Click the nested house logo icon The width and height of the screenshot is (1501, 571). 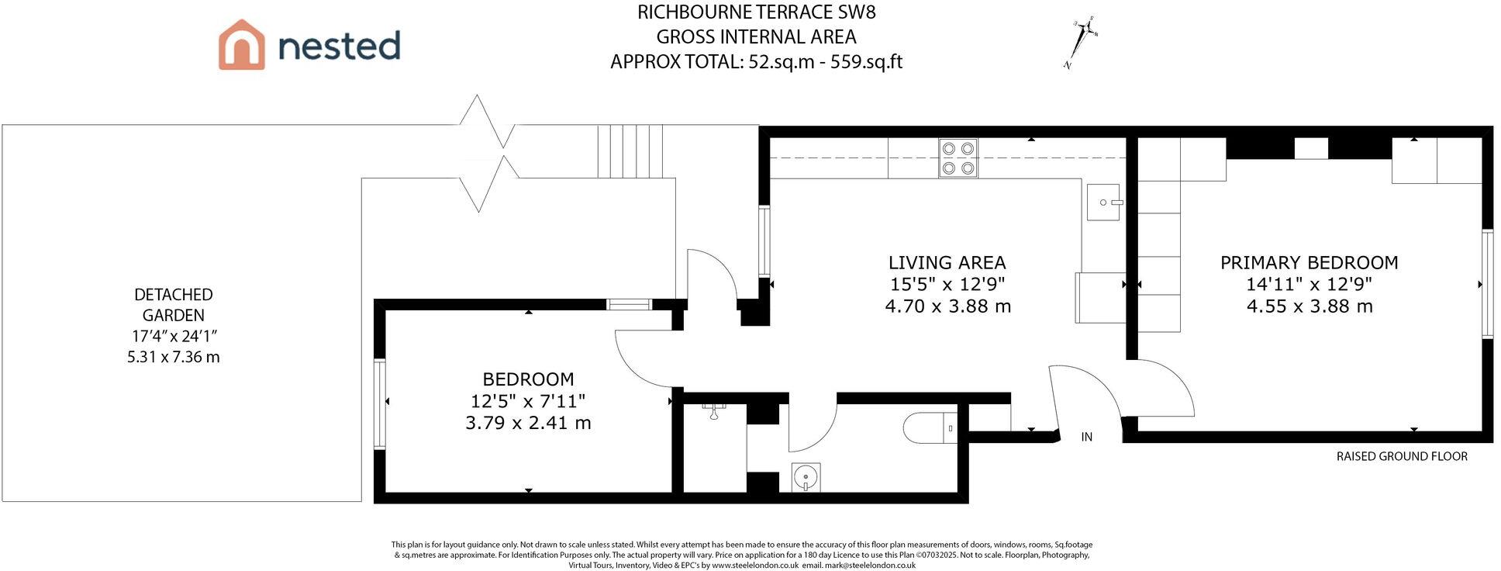coord(241,44)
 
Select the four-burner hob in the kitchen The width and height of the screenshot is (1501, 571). coord(958,158)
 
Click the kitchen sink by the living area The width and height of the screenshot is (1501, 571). coord(1104,202)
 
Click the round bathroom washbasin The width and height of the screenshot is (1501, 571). coord(806,476)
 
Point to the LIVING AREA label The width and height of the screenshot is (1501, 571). coord(947,263)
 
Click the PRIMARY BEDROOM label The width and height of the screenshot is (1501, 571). coord(1309,263)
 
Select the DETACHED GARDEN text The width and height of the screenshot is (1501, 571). coord(173,305)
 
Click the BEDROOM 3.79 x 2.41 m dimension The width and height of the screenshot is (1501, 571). coord(528,423)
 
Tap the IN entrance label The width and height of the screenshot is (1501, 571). coord(1087,438)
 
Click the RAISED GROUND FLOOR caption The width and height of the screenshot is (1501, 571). coord(1402,456)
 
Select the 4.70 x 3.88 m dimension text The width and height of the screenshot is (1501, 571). coord(947,306)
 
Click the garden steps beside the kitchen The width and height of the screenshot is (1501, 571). coord(630,151)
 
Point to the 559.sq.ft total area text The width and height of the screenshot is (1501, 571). coord(866,62)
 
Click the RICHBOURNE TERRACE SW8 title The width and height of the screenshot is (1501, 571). coord(757,12)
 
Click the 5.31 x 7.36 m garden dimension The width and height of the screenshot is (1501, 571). coord(173,358)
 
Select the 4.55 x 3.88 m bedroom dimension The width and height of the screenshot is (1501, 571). coord(1309,306)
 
